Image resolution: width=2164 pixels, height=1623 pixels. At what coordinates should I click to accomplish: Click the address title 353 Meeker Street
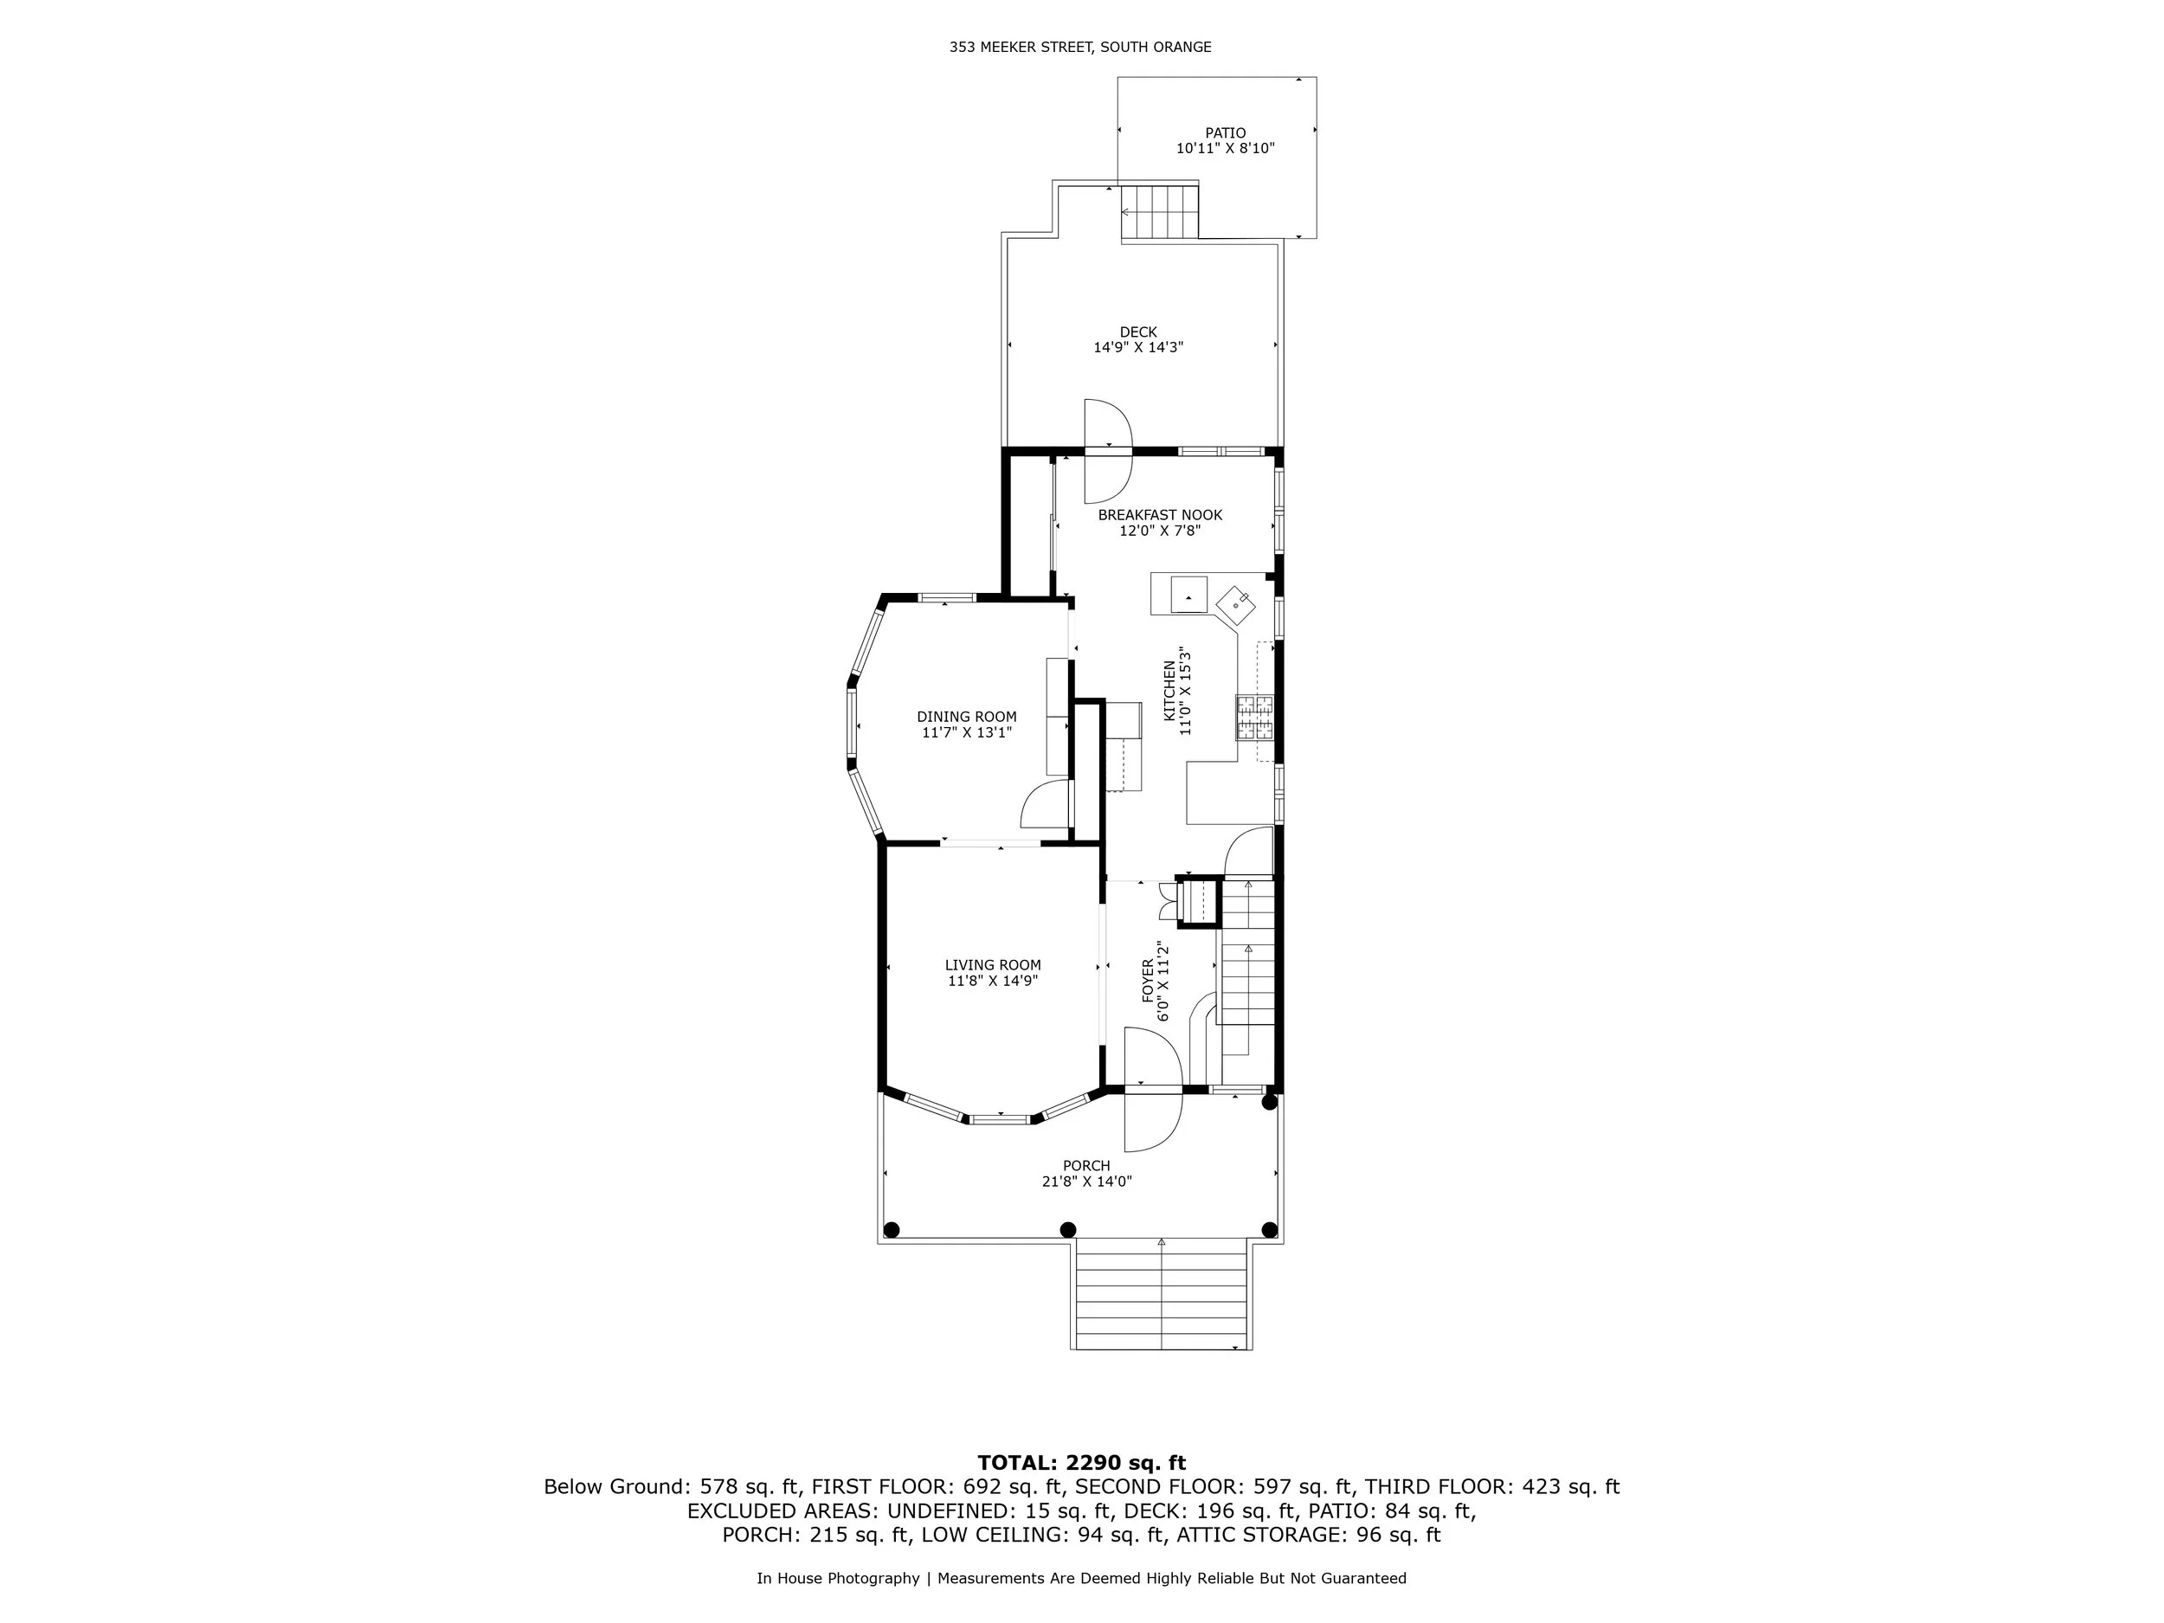click(x=1080, y=47)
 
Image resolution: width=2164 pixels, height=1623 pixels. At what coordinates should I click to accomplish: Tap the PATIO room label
click(x=1225, y=133)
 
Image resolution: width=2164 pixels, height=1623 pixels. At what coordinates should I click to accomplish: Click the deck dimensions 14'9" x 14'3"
click(x=1137, y=347)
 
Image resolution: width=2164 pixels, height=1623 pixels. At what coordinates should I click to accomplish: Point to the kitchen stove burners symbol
click(x=1253, y=717)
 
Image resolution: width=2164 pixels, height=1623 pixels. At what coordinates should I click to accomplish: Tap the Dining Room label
click(x=966, y=717)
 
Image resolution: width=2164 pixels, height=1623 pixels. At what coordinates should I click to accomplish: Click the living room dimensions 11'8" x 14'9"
click(x=992, y=982)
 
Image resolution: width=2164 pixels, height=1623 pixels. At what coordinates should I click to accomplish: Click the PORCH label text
click(x=1086, y=1166)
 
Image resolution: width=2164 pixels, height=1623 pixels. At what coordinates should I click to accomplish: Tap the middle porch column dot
click(x=1068, y=1230)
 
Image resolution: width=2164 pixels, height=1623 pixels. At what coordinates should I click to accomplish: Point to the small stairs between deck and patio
click(x=1160, y=211)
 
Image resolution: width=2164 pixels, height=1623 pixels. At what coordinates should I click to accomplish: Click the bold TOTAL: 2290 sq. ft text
click(x=1081, y=1463)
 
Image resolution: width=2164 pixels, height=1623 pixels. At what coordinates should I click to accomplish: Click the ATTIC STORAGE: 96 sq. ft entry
click(x=1308, y=1535)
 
